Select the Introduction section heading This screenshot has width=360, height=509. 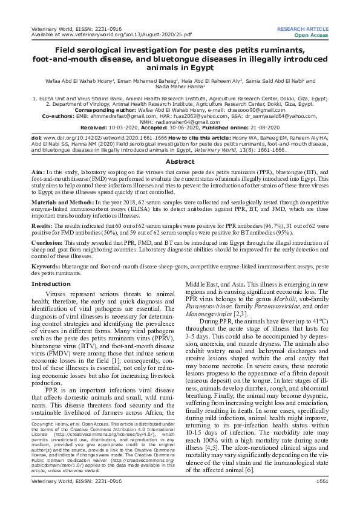[51, 284]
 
